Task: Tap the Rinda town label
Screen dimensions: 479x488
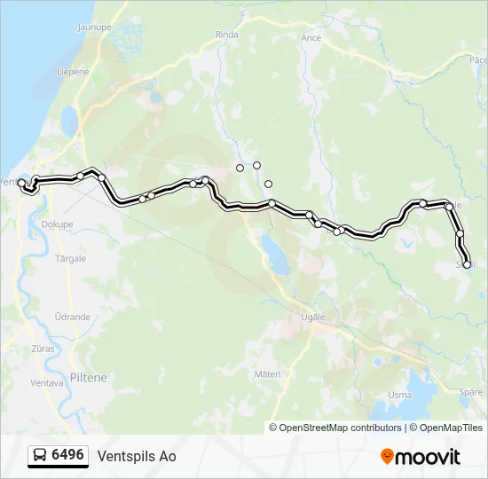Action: coord(227,35)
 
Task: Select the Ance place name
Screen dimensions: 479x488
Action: coord(311,38)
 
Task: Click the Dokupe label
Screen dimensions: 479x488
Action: coord(57,224)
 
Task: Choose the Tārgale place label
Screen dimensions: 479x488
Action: coord(71,259)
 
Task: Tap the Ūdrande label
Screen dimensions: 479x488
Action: coord(72,317)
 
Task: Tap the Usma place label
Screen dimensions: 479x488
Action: coord(400,395)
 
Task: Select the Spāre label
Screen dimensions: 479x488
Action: coord(472,391)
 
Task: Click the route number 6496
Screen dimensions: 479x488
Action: coord(68,456)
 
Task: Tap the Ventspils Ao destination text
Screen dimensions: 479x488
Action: coord(137,457)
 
